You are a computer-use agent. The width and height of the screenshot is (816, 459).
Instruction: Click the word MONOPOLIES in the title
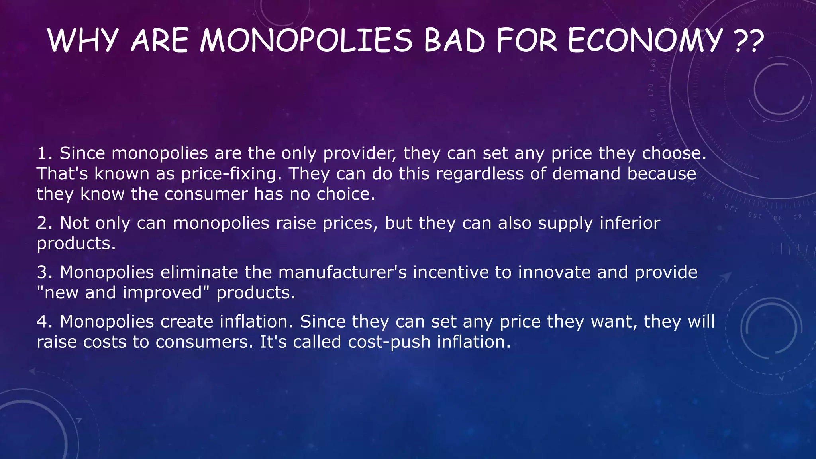306,41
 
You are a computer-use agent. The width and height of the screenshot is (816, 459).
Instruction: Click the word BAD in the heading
454,41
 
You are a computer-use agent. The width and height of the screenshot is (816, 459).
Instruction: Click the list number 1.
44,153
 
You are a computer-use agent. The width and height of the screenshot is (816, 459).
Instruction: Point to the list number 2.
44,223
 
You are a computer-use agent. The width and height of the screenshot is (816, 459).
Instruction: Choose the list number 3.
44,273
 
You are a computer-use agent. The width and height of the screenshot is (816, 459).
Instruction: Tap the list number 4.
44,322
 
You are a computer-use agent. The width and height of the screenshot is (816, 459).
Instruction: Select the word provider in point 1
360,153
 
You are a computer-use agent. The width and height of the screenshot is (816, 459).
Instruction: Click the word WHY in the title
83,41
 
